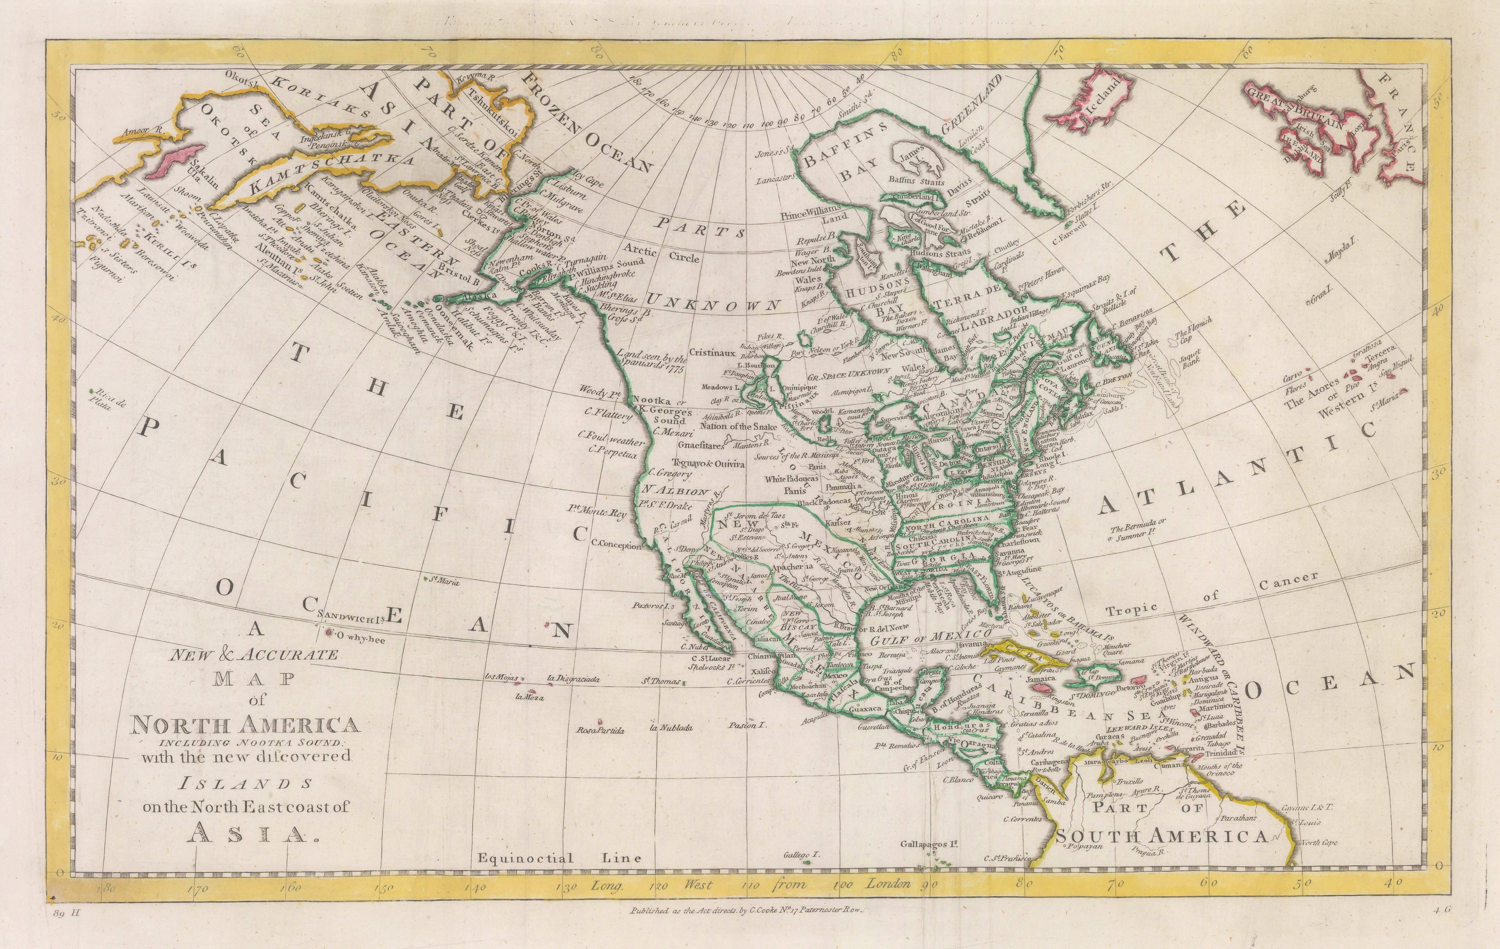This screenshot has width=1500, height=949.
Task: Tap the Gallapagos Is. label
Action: tap(928, 845)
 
